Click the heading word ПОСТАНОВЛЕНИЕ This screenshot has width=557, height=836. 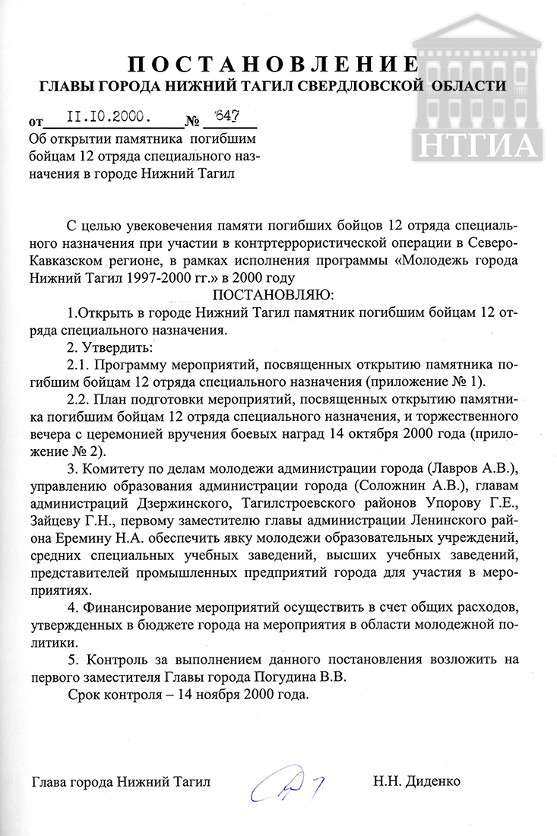point(272,62)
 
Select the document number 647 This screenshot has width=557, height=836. point(226,116)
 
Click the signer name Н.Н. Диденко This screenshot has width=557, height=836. point(416,781)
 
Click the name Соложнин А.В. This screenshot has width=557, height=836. point(362,483)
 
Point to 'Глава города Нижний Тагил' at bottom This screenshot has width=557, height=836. point(121,781)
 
